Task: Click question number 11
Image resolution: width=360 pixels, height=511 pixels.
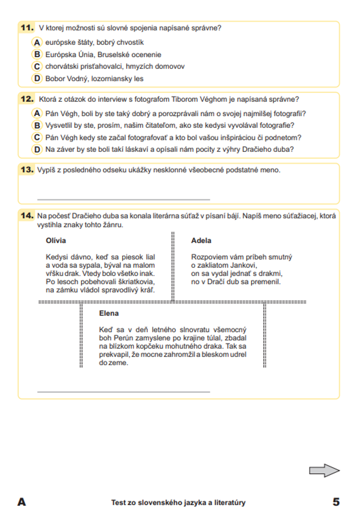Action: coord(27,28)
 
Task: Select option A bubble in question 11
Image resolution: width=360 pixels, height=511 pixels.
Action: coord(37,42)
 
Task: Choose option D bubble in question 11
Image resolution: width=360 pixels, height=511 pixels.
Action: coord(37,79)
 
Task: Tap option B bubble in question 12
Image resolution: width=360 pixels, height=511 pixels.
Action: coord(37,125)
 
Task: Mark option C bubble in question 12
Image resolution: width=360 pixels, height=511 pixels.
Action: coord(37,137)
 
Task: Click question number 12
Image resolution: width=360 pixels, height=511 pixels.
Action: coord(27,99)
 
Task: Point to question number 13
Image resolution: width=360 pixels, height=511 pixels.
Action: coord(27,170)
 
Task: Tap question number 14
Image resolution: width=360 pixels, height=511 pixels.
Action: coord(27,216)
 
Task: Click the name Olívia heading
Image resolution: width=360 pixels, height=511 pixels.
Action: coord(56,241)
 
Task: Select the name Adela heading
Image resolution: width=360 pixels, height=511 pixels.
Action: coord(201,241)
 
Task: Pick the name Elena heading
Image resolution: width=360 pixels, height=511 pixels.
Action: coord(109,313)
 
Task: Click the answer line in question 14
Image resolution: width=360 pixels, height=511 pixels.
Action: coord(123,391)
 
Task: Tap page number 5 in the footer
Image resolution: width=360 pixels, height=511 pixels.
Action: coord(336,502)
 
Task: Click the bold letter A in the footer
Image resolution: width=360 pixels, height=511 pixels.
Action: coord(22,502)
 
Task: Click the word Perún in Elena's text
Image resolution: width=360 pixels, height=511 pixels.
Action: coord(124,338)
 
